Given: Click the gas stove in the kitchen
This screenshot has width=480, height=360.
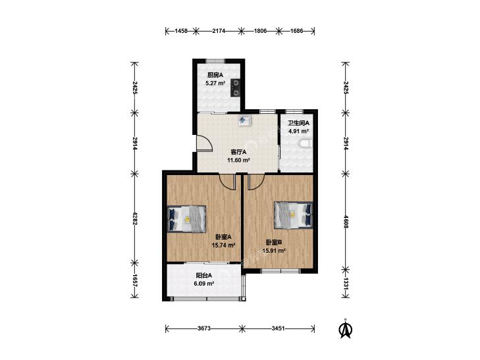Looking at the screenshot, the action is click(236, 88).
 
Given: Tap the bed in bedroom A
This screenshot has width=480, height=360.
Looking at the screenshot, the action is click(186, 219).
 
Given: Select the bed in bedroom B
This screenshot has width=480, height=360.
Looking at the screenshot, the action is click(293, 215).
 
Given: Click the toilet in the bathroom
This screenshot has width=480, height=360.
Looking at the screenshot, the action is click(307, 144).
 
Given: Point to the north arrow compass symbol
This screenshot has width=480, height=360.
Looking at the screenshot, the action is click(346, 329).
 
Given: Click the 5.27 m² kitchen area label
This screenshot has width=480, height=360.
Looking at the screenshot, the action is click(215, 83).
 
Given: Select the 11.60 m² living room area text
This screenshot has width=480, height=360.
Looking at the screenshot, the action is click(238, 160).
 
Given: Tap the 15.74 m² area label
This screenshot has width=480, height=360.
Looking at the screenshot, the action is click(223, 245).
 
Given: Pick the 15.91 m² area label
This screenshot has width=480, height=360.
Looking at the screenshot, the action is click(274, 251).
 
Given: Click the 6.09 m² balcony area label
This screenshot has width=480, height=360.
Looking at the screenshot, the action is click(204, 284).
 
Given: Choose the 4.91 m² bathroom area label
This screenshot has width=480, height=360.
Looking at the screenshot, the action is click(298, 131).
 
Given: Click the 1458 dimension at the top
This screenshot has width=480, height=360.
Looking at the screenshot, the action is click(181, 30).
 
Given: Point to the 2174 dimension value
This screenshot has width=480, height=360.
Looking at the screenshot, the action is click(219, 30).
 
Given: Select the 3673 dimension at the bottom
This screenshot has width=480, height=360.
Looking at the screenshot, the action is click(204, 328).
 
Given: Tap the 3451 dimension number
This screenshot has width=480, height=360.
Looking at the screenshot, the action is click(279, 328).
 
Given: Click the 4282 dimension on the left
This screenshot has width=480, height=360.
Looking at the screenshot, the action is click(135, 219).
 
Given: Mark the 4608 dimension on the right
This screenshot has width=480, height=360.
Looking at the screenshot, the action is click(346, 222).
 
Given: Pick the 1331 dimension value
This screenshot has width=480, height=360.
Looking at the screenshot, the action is click(346, 284).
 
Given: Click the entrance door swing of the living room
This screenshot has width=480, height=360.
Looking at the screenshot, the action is click(205, 143).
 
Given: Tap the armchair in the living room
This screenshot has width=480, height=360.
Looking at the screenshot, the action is click(245, 120).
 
